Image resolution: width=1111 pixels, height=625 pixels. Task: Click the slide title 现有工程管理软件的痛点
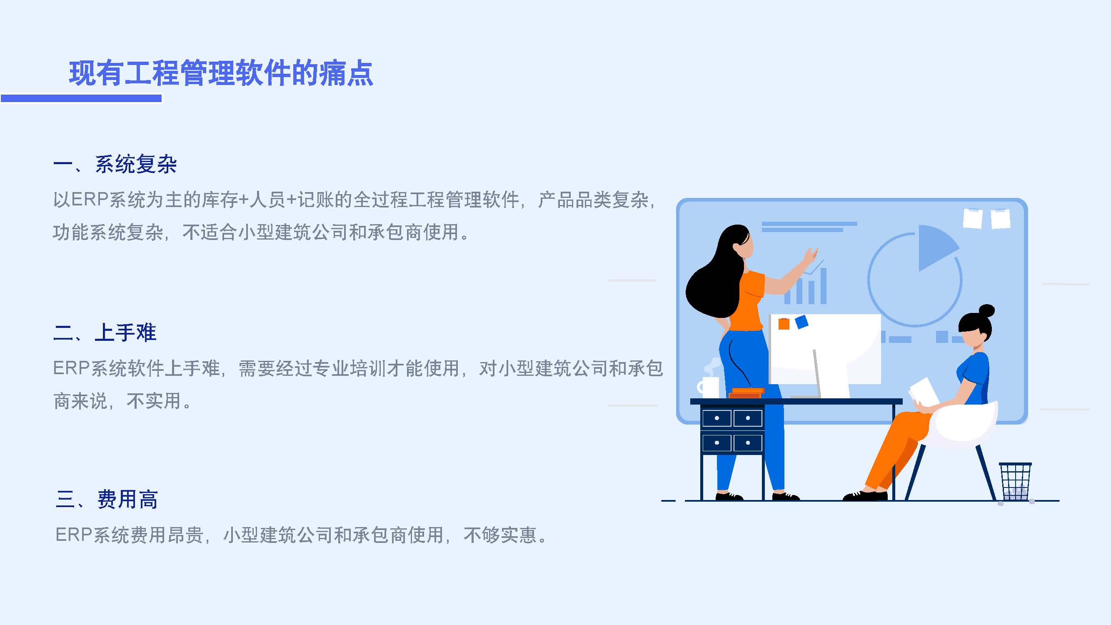(x=221, y=73)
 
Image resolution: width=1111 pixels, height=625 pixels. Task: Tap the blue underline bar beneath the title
(x=81, y=98)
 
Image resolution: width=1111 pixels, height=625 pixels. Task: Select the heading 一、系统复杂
(x=115, y=164)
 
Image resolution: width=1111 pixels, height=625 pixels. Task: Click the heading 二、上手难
(x=105, y=332)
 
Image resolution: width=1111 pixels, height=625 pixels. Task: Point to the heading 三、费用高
(x=107, y=500)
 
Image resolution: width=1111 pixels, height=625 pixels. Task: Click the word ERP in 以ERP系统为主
(x=90, y=200)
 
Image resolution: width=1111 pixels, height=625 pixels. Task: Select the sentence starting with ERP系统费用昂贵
(x=302, y=535)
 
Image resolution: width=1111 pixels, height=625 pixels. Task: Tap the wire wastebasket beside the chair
(x=1016, y=481)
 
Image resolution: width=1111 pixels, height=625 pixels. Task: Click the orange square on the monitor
(x=784, y=323)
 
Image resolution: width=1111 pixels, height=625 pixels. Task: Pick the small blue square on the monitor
(x=801, y=322)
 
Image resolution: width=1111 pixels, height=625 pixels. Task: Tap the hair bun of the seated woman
(x=987, y=310)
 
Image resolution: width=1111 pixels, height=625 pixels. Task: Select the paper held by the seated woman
(x=923, y=392)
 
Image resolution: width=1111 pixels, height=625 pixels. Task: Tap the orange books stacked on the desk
(x=746, y=393)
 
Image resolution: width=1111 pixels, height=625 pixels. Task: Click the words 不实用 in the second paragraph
(x=154, y=401)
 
